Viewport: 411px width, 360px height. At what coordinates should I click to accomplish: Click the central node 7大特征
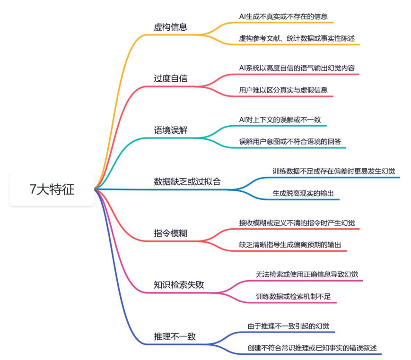pyautogui.click(x=52, y=190)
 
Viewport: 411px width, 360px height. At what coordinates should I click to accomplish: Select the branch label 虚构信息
pyautogui.click(x=171, y=27)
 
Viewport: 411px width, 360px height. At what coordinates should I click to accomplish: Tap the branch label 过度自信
pyautogui.click(x=171, y=78)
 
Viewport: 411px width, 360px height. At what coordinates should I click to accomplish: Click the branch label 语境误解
pyautogui.click(x=171, y=130)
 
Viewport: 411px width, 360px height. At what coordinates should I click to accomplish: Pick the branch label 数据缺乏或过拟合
pyautogui.click(x=187, y=181)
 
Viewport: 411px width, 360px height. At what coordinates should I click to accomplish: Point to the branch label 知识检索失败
pyautogui.click(x=179, y=285)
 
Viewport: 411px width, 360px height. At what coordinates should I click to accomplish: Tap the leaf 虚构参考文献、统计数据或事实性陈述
pyautogui.click(x=299, y=38)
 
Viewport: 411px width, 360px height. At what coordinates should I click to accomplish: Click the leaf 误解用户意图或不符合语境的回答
pyautogui.click(x=289, y=141)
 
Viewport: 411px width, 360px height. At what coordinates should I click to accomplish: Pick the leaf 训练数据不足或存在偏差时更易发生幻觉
pyautogui.click(x=334, y=171)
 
